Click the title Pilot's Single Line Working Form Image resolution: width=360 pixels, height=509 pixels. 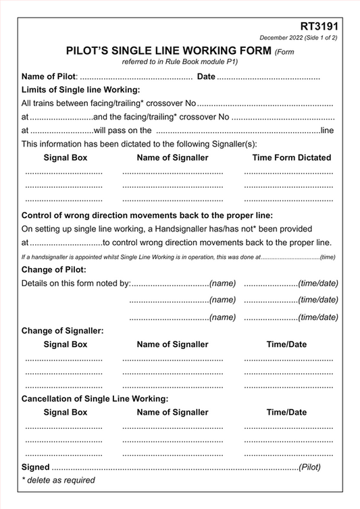168,51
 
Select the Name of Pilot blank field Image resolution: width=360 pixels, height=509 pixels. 136,77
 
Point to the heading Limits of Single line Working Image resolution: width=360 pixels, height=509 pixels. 80,90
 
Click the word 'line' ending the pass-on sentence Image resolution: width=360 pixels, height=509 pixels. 327,130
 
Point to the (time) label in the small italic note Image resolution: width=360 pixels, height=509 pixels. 328,257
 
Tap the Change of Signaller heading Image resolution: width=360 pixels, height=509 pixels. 62,331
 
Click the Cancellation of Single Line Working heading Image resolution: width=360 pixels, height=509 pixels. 95,398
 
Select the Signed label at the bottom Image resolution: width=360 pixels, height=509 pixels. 35,466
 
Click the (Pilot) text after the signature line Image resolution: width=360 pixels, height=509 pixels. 309,466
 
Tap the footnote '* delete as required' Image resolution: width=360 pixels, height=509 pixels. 58,480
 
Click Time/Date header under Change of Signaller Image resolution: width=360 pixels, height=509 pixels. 286,344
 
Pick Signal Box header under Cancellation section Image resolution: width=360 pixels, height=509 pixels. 65,412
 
